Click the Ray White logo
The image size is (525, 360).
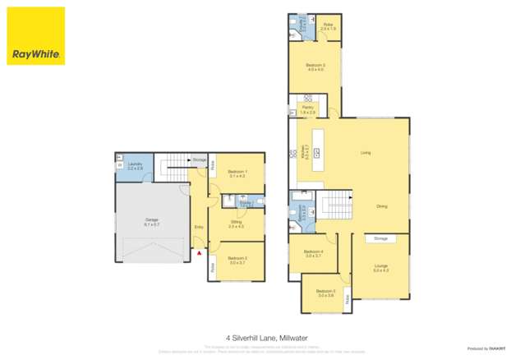36,36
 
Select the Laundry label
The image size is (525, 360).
136,166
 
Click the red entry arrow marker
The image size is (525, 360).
198,253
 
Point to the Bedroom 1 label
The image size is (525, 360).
237,173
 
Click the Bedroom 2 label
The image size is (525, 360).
237,261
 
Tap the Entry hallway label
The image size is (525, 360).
198,228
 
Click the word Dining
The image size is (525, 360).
381,206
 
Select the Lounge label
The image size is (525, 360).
380,267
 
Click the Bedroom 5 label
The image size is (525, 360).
325,292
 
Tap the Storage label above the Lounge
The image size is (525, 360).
380,238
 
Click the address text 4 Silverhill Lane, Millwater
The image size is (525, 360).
262,337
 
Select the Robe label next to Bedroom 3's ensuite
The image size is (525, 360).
327,26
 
